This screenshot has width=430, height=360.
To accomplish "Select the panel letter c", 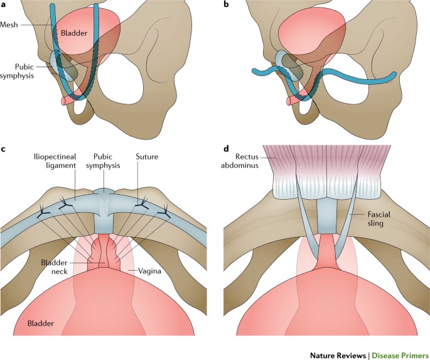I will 4,150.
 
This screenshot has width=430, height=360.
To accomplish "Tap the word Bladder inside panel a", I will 75,35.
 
